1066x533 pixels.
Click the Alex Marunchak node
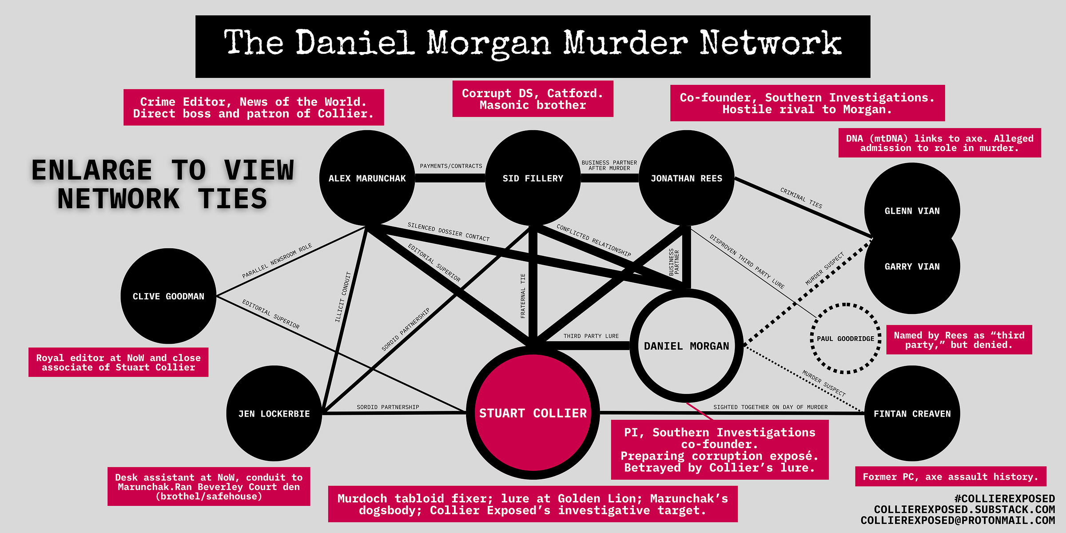[367, 178]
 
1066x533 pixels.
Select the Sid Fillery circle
[533, 178]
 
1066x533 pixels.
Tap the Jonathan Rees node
[686, 178]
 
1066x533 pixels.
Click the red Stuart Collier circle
[533, 413]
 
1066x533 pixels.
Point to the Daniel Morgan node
[686, 346]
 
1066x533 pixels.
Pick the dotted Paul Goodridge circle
[845, 338]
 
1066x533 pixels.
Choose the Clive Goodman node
[168, 296]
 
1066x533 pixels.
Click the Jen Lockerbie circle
[274, 414]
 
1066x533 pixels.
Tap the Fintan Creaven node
[912, 414]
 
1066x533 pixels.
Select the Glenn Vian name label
[912, 211]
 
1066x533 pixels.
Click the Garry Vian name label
[912, 266]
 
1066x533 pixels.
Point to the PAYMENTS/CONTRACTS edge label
[451, 166]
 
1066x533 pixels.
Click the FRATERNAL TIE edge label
[523, 296]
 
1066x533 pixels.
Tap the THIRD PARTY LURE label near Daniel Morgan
[591, 336]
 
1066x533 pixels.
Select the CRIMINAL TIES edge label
[801, 198]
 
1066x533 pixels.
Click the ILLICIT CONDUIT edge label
[342, 297]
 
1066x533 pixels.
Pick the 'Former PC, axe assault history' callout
[950, 477]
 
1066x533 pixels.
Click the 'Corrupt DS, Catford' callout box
[533, 99]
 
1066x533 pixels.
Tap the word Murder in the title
[625, 44]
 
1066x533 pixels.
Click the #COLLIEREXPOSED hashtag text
[1004, 499]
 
